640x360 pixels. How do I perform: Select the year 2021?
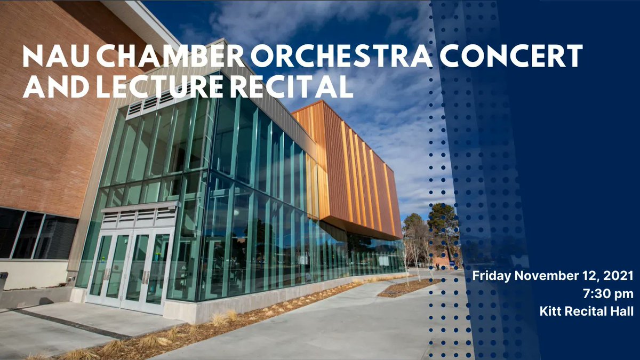point(619,276)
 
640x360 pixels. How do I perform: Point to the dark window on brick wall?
point(32,235)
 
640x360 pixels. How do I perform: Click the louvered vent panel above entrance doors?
point(139,216)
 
